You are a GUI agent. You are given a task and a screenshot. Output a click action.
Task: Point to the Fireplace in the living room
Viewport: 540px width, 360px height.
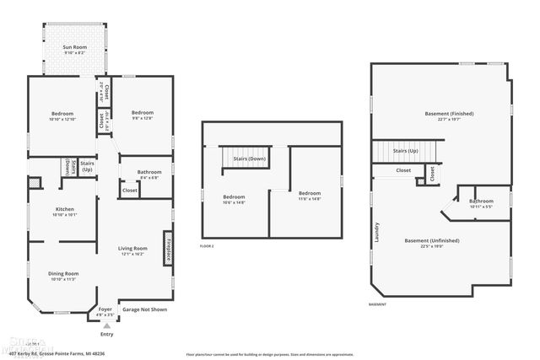(x=168, y=250)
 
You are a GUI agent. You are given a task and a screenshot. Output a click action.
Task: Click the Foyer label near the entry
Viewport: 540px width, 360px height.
(x=105, y=309)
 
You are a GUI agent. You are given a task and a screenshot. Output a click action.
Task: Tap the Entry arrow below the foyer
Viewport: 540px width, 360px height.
(x=106, y=325)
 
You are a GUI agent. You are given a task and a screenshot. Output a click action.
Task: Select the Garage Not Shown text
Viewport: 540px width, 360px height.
(x=144, y=309)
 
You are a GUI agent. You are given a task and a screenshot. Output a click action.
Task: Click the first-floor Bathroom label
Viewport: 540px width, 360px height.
(x=150, y=173)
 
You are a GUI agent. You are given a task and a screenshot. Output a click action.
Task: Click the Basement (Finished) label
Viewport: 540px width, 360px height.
(x=449, y=114)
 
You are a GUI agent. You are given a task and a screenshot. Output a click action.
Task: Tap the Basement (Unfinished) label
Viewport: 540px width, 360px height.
(x=431, y=241)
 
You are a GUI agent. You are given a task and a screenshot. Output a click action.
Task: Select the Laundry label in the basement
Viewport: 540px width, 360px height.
(x=377, y=233)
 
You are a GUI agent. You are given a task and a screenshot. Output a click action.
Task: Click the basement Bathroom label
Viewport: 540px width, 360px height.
(x=481, y=201)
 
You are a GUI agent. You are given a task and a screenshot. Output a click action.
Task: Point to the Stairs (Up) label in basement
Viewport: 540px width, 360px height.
(x=407, y=151)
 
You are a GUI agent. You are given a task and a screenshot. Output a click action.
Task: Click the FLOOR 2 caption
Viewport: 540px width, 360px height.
(x=207, y=246)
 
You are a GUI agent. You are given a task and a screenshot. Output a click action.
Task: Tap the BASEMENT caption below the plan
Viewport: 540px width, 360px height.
(x=377, y=304)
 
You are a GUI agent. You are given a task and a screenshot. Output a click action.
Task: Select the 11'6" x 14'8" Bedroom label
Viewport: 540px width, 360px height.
(x=309, y=195)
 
